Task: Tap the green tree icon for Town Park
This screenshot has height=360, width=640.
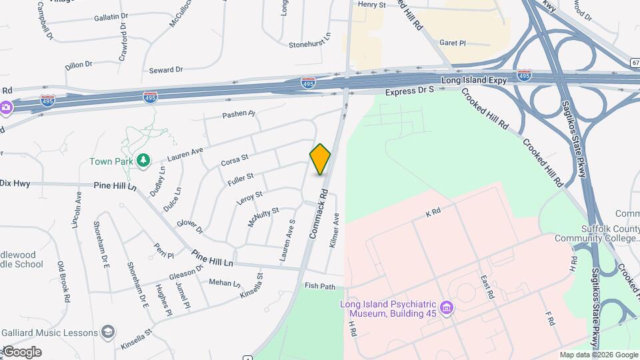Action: click(143, 160)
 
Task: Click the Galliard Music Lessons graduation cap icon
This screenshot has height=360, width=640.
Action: click(107, 331)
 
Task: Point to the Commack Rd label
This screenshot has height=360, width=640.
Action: click(319, 214)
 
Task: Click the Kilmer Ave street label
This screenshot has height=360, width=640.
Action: click(335, 231)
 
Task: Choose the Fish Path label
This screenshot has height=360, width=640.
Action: click(320, 286)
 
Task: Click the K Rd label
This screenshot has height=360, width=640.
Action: click(433, 213)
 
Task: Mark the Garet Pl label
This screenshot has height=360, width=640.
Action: click(452, 43)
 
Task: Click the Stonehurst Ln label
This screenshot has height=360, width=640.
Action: click(309, 44)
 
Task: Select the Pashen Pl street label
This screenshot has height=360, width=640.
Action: click(239, 115)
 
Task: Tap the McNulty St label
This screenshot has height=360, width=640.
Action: click(258, 217)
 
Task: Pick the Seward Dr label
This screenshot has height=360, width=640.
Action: click(165, 70)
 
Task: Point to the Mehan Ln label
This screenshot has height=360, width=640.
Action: click(224, 283)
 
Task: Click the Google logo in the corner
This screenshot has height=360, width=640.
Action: click(21, 352)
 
